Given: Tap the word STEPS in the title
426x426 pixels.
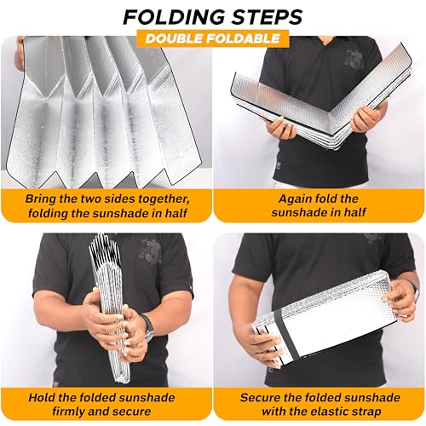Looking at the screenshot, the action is click(267, 17).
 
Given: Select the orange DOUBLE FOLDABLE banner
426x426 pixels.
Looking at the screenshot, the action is click(213, 38).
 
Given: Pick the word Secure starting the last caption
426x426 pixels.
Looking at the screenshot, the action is click(260, 397).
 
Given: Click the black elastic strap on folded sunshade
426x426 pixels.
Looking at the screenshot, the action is click(285, 333).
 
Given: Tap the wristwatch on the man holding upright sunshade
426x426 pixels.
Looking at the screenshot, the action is click(148, 325).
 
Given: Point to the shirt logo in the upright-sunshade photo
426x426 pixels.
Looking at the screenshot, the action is click(151, 252).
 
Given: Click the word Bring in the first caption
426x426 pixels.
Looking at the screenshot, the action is click(41, 199).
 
